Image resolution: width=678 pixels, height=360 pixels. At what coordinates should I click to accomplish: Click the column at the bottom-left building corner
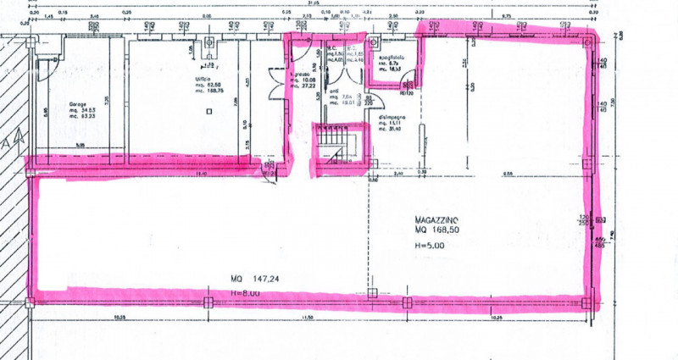(31, 300)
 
